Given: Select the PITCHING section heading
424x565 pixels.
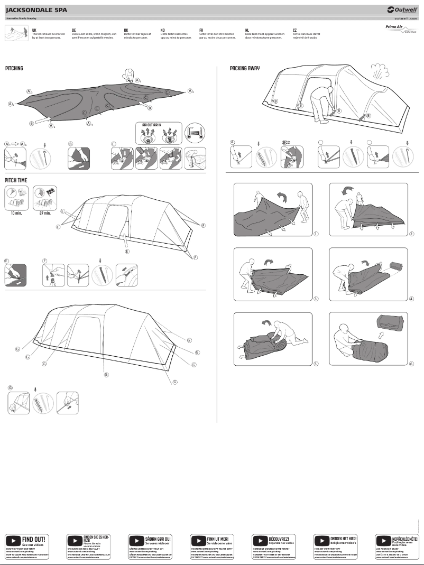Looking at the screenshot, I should coord(14,69).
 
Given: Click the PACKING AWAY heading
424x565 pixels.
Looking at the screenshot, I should coord(245,69).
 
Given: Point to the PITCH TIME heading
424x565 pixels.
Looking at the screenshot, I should coord(16,180).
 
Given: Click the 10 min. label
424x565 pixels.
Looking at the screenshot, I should coord(15,214).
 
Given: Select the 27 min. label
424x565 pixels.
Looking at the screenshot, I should coord(44,214).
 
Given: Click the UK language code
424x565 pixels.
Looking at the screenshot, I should coord(34,31).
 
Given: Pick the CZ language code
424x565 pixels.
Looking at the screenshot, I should coord(295,31).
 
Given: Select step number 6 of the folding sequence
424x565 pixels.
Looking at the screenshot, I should coord(411,364).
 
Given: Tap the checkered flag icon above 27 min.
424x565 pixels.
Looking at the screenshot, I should coord(51,191).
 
